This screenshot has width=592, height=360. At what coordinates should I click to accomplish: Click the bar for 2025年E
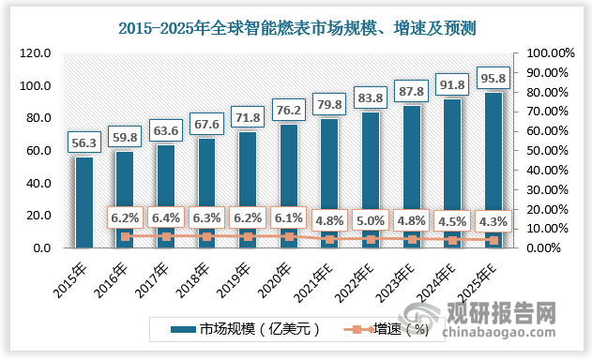tap(493, 170)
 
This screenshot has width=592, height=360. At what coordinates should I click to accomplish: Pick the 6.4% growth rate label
tap(166, 218)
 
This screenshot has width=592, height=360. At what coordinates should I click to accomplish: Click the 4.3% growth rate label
tap(493, 222)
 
